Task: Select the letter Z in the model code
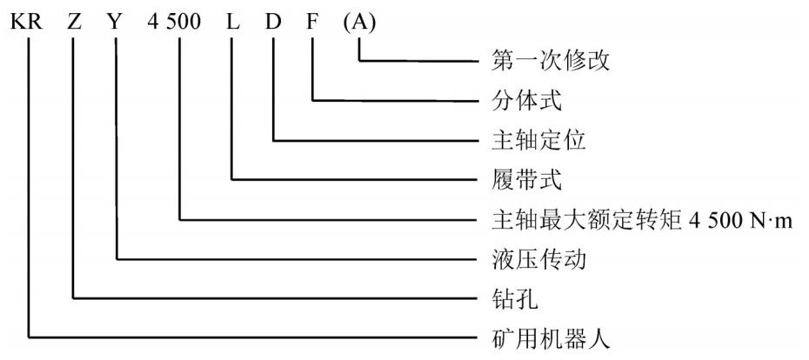point(73,20)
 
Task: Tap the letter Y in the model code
point(117,20)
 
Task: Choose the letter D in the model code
point(274,20)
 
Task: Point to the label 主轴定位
point(532,140)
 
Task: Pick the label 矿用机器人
point(543,337)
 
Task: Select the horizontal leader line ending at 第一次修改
point(418,61)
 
